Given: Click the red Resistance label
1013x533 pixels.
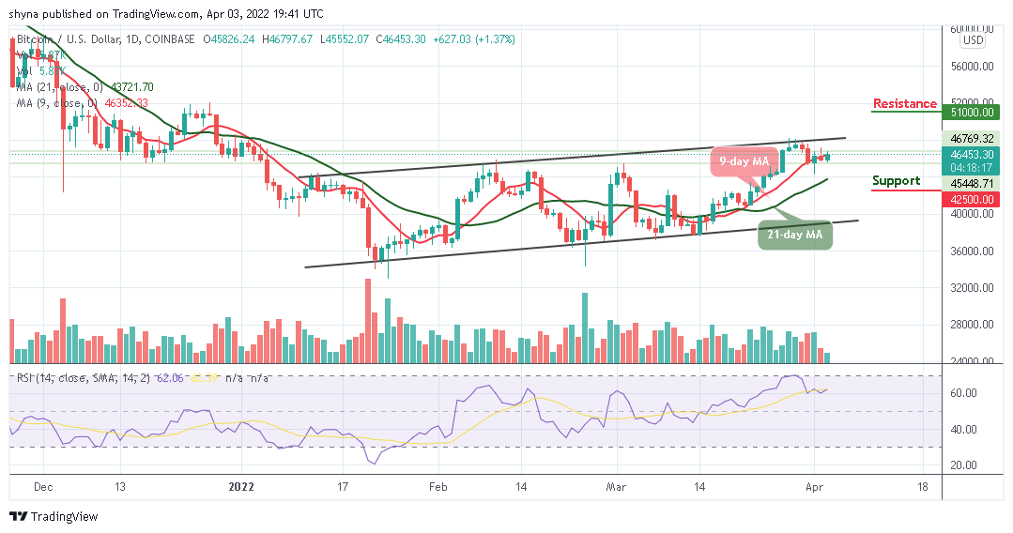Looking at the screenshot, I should (904, 103).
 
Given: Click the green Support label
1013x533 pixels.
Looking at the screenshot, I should (896, 181).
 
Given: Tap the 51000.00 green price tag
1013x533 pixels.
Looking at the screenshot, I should (971, 111).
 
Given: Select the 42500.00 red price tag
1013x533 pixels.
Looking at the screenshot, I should (971, 199).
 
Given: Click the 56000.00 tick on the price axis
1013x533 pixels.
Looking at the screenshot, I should (971, 67).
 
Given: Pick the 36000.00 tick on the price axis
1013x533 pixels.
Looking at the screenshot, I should (971, 251).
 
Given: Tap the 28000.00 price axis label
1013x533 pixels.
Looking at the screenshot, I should (971, 325).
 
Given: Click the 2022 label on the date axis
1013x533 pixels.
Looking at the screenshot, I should (241, 487).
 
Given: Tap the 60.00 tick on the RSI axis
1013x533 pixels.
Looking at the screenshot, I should (964, 393).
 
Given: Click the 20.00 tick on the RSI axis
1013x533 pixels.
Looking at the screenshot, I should (964, 465).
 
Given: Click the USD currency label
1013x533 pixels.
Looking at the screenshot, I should (973, 40).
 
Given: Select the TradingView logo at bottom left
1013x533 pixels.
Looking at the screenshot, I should (54, 517).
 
